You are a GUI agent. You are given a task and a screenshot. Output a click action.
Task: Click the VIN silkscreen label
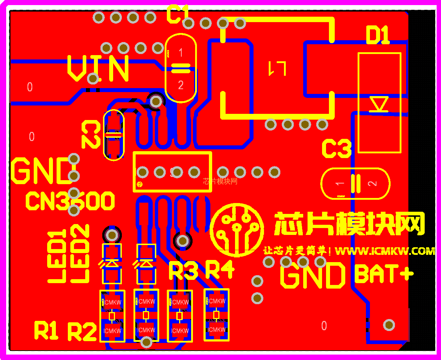(x=98, y=68)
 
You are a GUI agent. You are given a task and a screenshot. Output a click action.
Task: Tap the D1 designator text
(x=378, y=36)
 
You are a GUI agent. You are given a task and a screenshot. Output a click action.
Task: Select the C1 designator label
(x=178, y=15)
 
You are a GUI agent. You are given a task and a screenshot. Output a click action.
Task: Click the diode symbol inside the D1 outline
(x=379, y=104)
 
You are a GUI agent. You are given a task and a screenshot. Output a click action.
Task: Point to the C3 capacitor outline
(x=355, y=183)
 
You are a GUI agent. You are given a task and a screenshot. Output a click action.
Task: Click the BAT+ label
(x=384, y=274)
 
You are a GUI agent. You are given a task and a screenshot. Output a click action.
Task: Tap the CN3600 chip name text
(x=70, y=201)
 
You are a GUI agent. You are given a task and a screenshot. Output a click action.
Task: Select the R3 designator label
(x=183, y=271)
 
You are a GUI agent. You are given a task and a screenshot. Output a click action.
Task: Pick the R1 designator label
(x=46, y=330)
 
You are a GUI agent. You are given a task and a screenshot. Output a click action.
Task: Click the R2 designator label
(x=82, y=331)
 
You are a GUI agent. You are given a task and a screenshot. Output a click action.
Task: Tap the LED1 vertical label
(x=57, y=256)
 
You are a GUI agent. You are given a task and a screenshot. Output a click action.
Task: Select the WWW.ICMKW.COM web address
(x=385, y=251)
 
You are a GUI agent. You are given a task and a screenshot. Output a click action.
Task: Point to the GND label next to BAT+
(x=313, y=275)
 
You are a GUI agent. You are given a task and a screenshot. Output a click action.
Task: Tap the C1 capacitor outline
(x=181, y=68)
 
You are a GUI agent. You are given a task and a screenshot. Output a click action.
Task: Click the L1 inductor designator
(x=277, y=68)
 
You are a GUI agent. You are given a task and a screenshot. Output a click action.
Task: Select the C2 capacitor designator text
(x=91, y=135)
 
